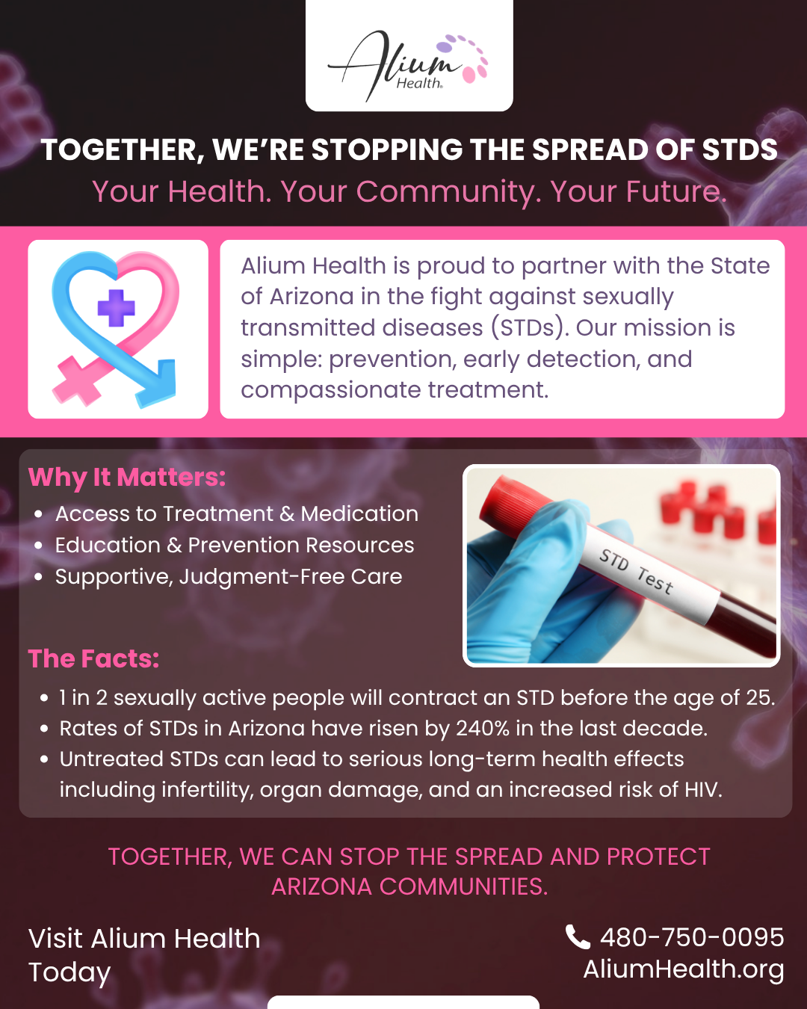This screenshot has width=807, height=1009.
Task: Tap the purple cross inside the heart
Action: (117, 308)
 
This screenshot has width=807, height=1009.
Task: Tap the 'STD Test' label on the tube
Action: (637, 572)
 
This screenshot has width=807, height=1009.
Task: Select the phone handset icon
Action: (578, 937)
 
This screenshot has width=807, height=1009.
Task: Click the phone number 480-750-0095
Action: (692, 937)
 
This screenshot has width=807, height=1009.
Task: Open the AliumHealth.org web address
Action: (683, 969)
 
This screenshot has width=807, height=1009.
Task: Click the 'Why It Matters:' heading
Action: (126, 478)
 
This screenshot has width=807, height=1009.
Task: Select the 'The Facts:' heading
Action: (94, 658)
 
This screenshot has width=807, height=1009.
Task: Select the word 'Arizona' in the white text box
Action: (312, 296)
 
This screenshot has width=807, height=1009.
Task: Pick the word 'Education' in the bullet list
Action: (108, 546)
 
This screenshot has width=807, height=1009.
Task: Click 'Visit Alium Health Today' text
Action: (144, 955)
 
